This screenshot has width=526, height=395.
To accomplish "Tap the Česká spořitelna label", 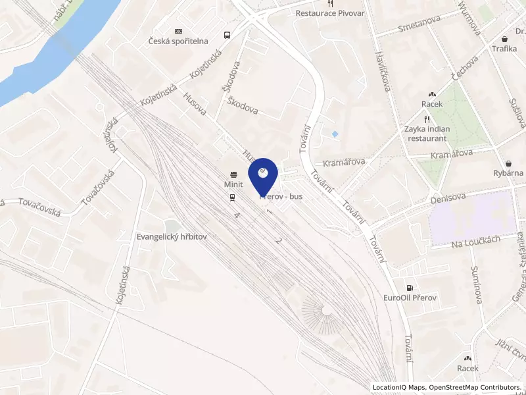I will coord(178,42).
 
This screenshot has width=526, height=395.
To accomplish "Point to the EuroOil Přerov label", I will coord(410,298).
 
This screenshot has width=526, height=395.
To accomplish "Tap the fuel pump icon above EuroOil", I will coord(410,288).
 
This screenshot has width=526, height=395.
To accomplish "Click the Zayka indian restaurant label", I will coord(428,134).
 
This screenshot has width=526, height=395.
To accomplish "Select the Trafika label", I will coord(504,49).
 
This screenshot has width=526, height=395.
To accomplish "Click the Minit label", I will coord(234,185).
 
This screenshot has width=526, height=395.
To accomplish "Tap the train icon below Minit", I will coord(233,197).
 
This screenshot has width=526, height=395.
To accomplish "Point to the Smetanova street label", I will coord(419,25).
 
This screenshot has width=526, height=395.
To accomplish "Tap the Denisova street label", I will coord(448,197).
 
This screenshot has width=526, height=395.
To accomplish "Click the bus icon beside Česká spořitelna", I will coord(227,36).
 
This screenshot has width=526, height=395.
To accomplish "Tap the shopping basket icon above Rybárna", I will coord(509,163).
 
